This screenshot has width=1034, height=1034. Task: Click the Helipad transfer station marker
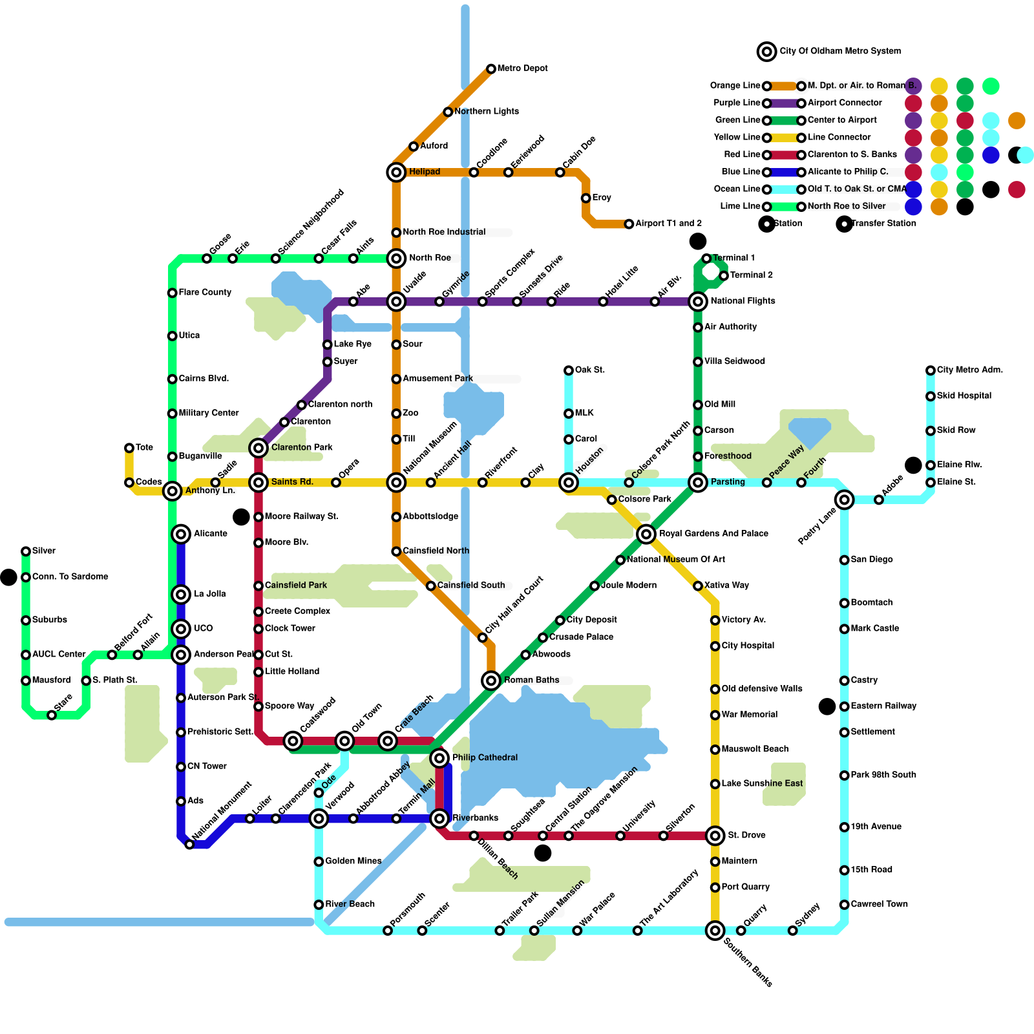pyautogui.click(x=396, y=172)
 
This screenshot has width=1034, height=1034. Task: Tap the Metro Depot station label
pyautogui.click(x=522, y=69)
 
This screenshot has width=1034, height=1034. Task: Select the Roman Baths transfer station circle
pyautogui.click(x=491, y=680)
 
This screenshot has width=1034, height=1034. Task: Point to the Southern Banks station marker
pyautogui.click(x=715, y=931)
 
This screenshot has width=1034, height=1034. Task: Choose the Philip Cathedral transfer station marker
pyautogui.click(x=439, y=757)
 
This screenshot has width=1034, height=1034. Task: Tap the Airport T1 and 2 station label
pyautogui.click(x=668, y=224)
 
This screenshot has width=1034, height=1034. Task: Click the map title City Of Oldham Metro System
pyautogui.click(x=839, y=51)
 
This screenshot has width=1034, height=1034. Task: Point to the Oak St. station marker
pyautogui.click(x=569, y=370)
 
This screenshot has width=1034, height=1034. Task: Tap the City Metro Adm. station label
pyautogui.click(x=969, y=370)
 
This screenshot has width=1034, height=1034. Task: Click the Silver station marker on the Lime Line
pyautogui.click(x=26, y=551)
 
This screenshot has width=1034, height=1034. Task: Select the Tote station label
pyautogui.click(x=144, y=447)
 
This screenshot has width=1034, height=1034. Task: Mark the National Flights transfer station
pyautogui.click(x=698, y=301)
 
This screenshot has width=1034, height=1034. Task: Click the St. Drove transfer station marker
pyautogui.click(x=715, y=836)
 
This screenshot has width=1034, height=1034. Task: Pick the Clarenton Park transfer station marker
pyautogui.click(x=258, y=447)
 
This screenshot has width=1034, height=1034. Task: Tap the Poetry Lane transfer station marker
pyautogui.click(x=844, y=500)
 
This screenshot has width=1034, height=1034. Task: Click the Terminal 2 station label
pyautogui.click(x=751, y=275)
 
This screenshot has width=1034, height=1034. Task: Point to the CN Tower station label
pyautogui.click(x=207, y=766)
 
